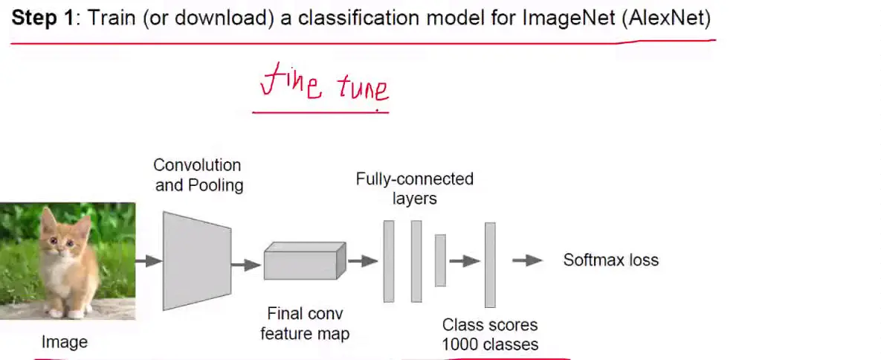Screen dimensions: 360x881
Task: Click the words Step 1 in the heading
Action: (42, 19)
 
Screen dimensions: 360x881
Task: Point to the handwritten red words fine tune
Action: (324, 88)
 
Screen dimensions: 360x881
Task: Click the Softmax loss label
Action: (610, 260)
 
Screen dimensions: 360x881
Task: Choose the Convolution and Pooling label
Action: (199, 175)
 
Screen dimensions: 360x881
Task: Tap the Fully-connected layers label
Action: (414, 188)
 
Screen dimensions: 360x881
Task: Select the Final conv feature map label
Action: (305, 324)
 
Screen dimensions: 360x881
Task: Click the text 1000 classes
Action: (490, 345)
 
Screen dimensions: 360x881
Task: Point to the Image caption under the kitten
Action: (64, 342)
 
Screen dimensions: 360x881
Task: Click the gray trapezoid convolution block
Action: (196, 260)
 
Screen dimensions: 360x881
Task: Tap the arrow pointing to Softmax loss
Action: (527, 260)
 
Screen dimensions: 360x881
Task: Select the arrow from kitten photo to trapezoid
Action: (149, 261)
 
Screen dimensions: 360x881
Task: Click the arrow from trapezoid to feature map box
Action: (246, 264)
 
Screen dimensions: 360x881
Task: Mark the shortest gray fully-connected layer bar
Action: (440, 260)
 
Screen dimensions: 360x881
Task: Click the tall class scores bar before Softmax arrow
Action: (490, 264)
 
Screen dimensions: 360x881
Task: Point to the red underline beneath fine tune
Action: (320, 112)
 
